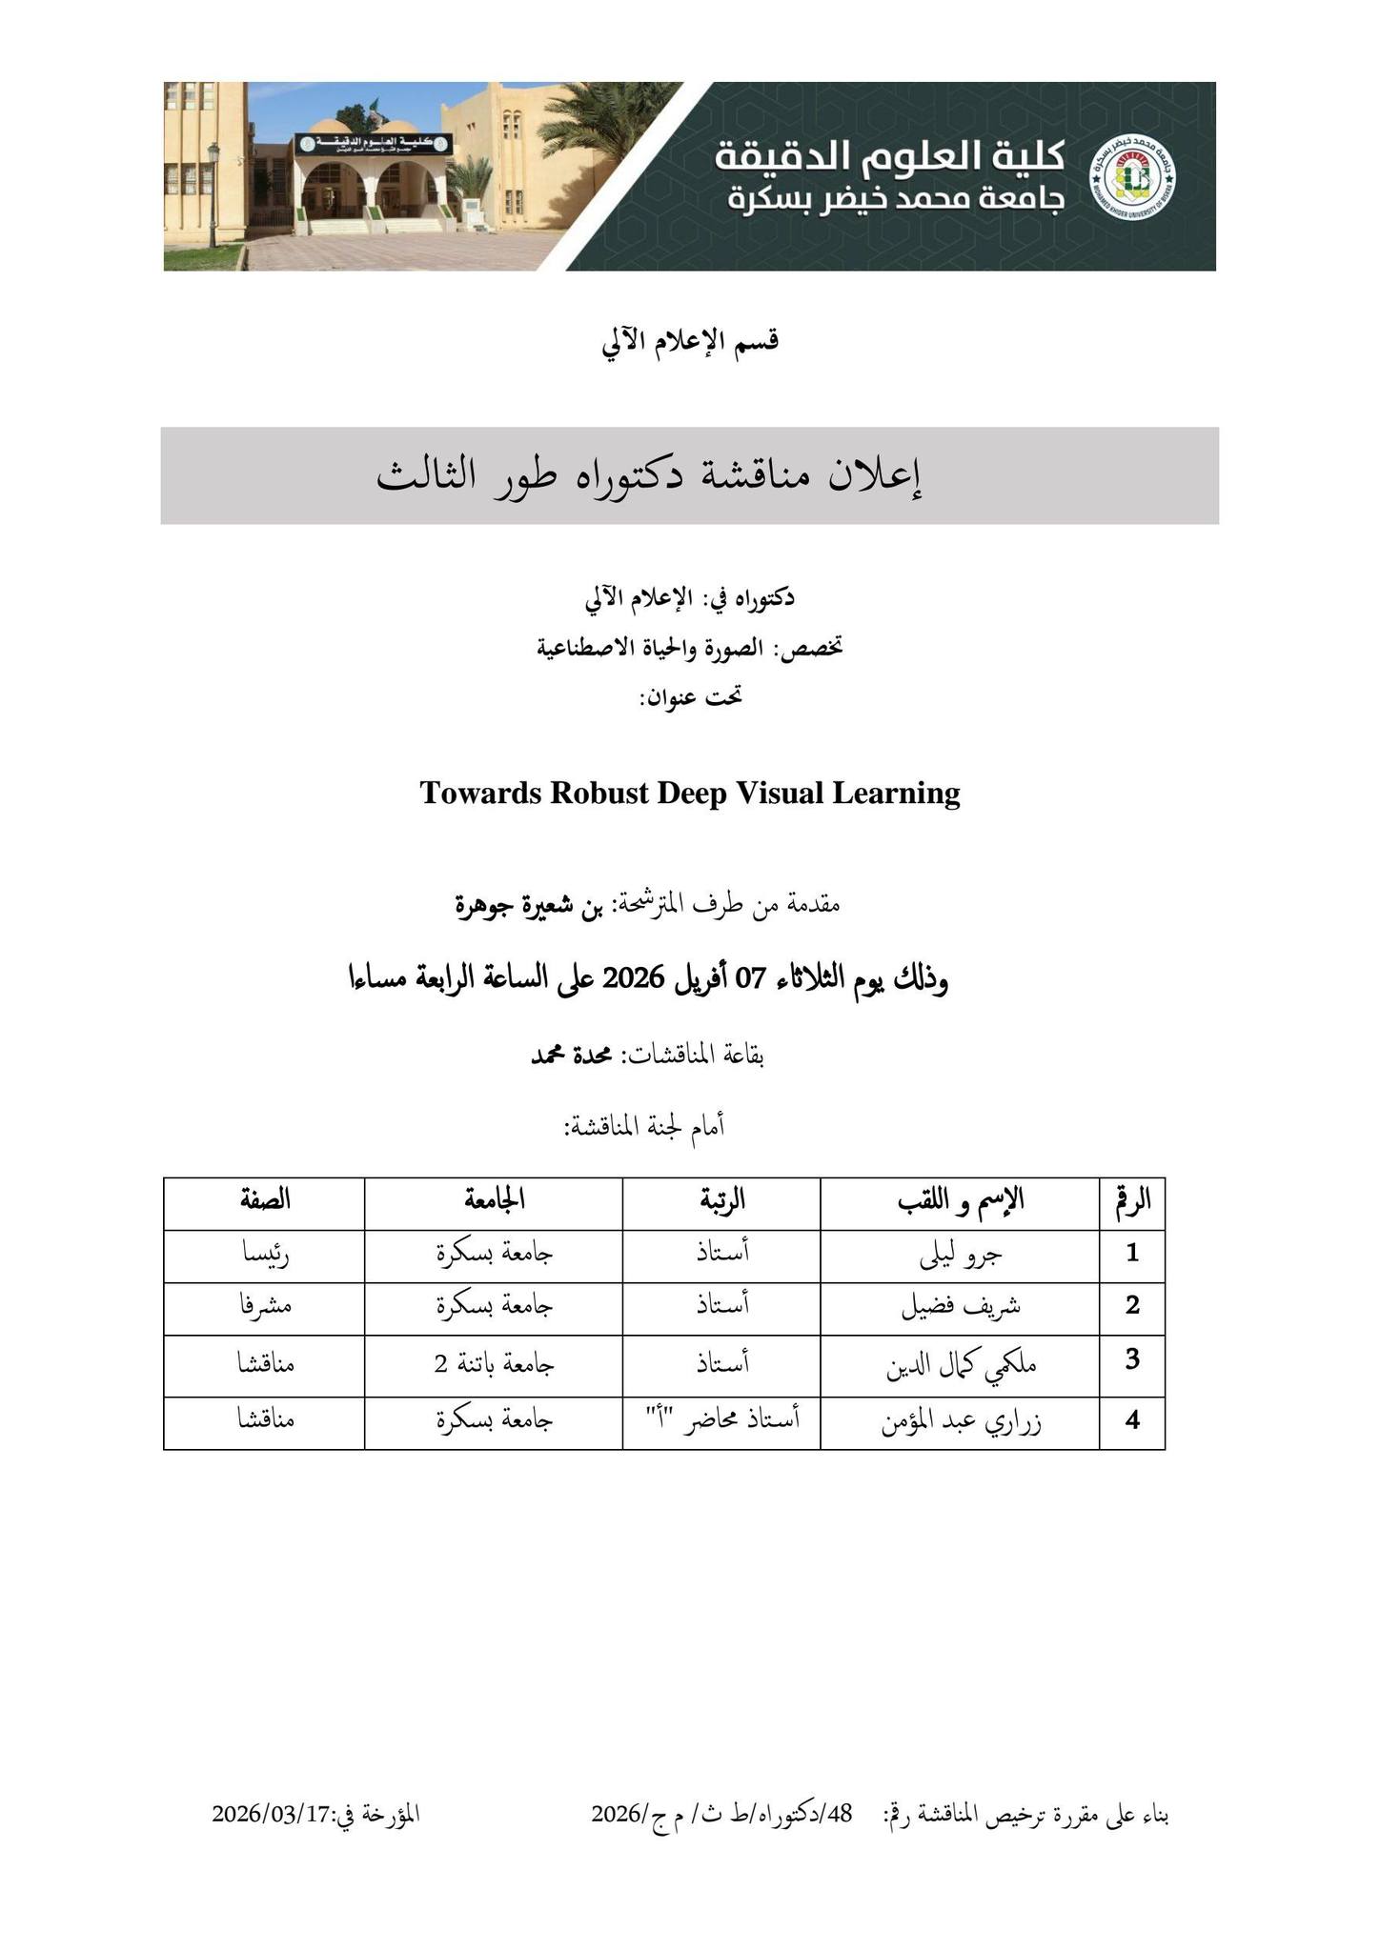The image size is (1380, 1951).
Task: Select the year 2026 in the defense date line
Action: coord(628,978)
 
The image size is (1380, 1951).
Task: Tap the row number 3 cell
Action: coord(1131,1360)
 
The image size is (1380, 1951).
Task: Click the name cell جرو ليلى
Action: coord(959,1255)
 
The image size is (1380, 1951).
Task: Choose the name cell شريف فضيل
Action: coord(959,1306)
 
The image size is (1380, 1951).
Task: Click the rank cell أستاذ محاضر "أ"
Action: coord(721,1420)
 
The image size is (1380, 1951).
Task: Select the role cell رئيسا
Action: coord(265,1255)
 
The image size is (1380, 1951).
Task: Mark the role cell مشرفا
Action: coord(265,1306)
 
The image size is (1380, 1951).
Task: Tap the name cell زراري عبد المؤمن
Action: coord(959,1422)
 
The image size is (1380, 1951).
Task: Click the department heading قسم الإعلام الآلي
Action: coord(690,341)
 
